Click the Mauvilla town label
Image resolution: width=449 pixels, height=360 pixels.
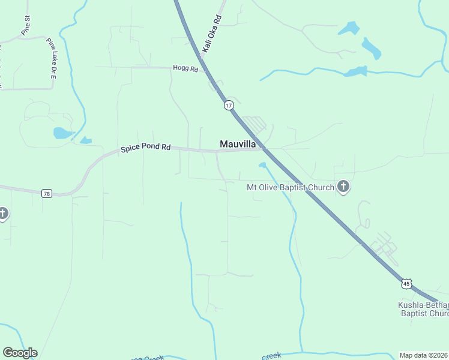[x=238, y=144]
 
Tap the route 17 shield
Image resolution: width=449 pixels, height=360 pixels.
[x=228, y=105]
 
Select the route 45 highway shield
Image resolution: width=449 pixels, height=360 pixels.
[x=408, y=281]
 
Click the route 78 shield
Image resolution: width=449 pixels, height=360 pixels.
[x=47, y=193]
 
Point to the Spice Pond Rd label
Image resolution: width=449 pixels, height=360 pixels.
[x=146, y=147]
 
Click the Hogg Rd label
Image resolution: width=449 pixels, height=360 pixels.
[x=185, y=69]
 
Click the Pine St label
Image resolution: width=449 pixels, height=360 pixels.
[x=25, y=26]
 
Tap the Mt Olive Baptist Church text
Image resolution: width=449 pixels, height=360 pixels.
[x=291, y=187]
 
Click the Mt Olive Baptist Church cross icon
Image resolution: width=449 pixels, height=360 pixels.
[x=343, y=187]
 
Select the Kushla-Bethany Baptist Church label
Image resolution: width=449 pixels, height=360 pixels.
[x=424, y=309]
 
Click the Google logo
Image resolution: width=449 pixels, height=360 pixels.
[x=20, y=353]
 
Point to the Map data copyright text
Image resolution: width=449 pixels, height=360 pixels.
[x=424, y=355]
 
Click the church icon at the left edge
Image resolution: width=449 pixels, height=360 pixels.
[x=2, y=213]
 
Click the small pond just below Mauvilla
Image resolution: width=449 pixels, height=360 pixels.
[x=262, y=164]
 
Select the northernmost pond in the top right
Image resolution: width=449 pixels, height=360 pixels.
[x=348, y=28]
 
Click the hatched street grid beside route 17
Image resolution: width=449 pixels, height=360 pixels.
[x=255, y=124]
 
